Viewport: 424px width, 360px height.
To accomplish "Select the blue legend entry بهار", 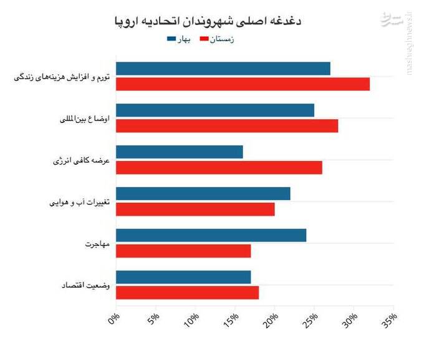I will click(178, 39).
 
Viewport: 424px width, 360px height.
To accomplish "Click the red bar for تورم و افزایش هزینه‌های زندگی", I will click(243, 84).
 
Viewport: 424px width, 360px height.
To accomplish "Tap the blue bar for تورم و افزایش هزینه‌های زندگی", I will click(223, 69).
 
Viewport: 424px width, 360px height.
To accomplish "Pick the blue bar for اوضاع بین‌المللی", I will click(215, 110).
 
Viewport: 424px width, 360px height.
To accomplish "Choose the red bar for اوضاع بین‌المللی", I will click(227, 125).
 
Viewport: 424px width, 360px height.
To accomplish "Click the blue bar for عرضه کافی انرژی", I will click(180, 152).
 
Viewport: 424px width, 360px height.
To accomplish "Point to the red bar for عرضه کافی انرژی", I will click(219, 167).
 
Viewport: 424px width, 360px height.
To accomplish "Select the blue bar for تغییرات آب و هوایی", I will click(203, 193).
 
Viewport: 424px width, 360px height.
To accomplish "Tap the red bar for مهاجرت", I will click(183, 250).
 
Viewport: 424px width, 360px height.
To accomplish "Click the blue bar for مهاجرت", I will click(211, 235).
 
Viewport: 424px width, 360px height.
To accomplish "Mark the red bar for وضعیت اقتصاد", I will click(187, 292).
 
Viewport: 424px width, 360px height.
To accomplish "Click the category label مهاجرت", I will click(98, 243).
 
